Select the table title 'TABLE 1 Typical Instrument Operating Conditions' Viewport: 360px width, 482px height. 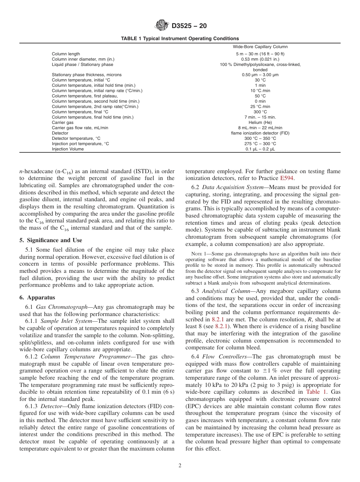point(180,39)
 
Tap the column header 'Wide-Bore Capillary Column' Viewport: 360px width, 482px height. point(260,47)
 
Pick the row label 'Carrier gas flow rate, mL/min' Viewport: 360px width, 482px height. point(80,128)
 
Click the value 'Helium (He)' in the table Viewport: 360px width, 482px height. point(260,123)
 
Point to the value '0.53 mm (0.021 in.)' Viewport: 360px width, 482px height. point(260,59)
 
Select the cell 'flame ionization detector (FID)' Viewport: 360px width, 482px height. point(260,133)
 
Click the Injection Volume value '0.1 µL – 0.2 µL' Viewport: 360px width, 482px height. point(260,149)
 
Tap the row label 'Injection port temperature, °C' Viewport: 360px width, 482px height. point(80,144)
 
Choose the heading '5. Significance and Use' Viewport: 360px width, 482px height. point(51,240)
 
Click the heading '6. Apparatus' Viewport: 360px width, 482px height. point(37,297)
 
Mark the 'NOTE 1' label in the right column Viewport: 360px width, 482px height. point(199,254)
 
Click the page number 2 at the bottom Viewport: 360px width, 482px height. point(180,466)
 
